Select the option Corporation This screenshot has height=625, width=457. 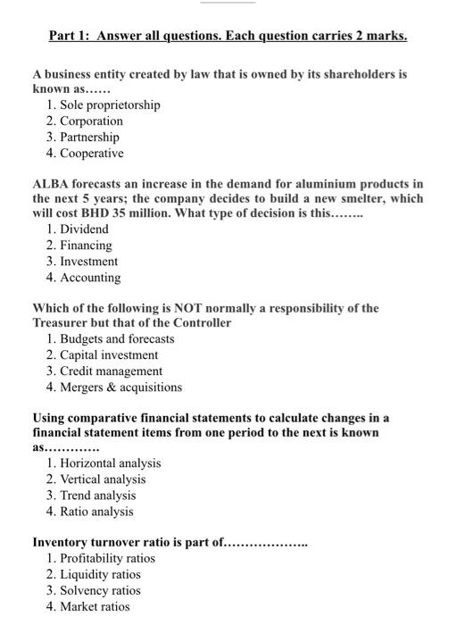tap(91, 121)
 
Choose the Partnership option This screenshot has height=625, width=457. tap(89, 137)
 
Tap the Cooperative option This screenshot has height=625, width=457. tap(91, 154)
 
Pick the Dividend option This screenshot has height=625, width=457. tap(84, 229)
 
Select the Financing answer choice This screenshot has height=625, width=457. tap(86, 246)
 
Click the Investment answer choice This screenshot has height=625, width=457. tap(88, 262)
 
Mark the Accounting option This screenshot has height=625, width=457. tap(89, 278)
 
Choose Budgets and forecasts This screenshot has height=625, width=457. tap(117, 339)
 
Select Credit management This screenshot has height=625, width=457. tap(111, 371)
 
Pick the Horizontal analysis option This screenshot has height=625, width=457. tap(110, 463)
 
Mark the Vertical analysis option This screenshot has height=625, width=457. tap(103, 479)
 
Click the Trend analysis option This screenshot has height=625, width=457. tap(97, 496)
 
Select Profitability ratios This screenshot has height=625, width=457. tap(107, 559)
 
